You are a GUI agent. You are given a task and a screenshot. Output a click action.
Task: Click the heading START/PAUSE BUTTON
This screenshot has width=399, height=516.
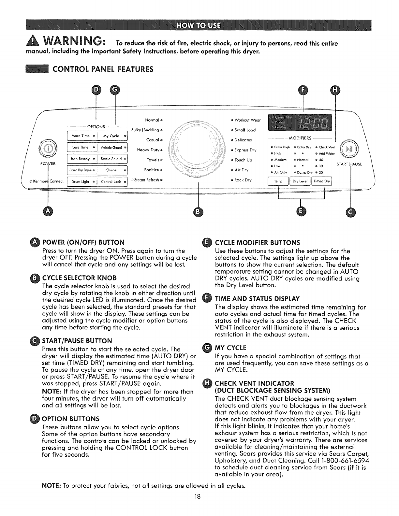click(77, 341)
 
